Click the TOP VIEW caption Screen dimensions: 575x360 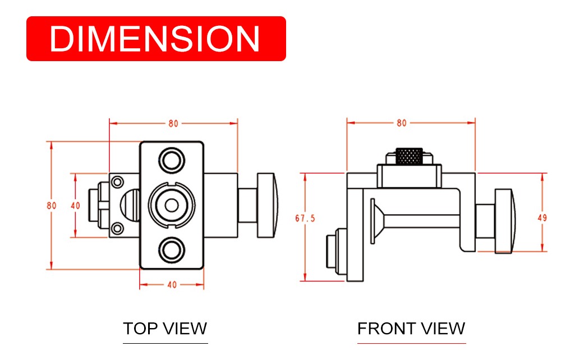(x=165, y=329)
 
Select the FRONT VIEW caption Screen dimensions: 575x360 (x=411, y=329)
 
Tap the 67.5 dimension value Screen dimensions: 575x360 (x=305, y=219)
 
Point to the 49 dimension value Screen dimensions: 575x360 (x=542, y=218)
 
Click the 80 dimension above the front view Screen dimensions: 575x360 (x=402, y=123)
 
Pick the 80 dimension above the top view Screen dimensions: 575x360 (x=173, y=123)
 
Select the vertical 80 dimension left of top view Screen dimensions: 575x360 (x=52, y=205)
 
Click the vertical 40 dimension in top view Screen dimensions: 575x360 (x=75, y=205)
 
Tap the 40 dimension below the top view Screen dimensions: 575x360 (x=172, y=284)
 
